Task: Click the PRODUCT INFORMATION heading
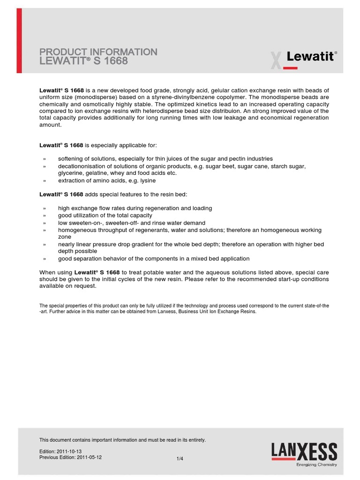click(98, 52)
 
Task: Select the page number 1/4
click(180, 459)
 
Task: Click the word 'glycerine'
click(71, 173)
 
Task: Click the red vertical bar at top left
click(19, 41)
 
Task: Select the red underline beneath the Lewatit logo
click(290, 68)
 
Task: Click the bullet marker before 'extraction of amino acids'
click(45, 180)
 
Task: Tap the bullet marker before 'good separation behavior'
click(45, 259)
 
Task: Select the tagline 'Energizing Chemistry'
click(316, 465)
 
